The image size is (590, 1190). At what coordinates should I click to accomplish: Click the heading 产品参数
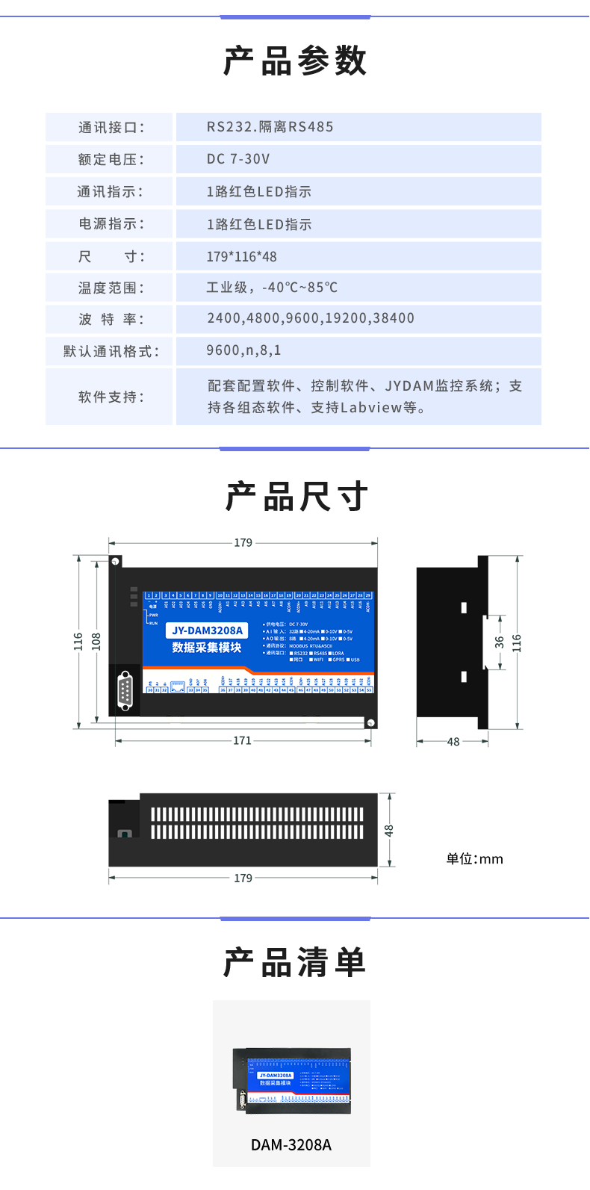(295, 61)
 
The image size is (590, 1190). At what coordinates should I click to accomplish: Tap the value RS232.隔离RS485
(270, 127)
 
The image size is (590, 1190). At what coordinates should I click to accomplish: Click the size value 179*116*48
(241, 256)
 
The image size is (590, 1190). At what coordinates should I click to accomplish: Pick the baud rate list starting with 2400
(310, 318)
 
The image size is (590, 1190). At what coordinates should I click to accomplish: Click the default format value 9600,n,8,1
(243, 350)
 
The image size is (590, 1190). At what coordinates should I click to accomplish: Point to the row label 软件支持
(111, 397)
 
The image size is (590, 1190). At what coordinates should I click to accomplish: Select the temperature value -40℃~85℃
(272, 288)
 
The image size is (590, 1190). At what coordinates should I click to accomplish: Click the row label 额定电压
(111, 159)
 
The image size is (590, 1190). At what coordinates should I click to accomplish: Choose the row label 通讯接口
(111, 127)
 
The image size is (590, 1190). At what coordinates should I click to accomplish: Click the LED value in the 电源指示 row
(258, 224)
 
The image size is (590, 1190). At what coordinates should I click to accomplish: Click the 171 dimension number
(242, 740)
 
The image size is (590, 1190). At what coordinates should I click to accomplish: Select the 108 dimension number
(96, 641)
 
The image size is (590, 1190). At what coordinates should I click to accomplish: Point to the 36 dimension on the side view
(499, 642)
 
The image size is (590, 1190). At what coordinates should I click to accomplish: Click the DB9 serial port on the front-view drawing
(125, 691)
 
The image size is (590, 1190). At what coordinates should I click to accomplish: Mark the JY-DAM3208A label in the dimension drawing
(207, 630)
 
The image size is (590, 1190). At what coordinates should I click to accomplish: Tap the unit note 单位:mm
(474, 859)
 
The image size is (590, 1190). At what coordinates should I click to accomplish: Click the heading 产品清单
(295, 962)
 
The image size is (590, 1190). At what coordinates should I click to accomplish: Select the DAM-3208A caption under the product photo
(291, 1145)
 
